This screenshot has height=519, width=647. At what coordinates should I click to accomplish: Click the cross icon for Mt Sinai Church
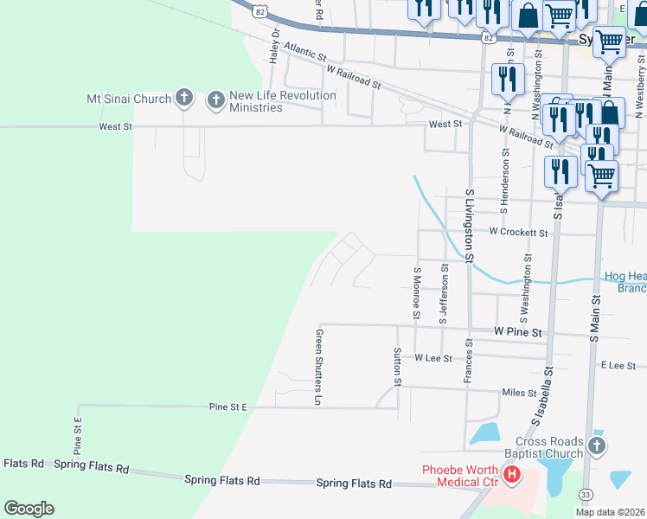click(x=183, y=99)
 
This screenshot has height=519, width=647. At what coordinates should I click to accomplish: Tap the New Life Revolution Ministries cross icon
click(x=215, y=100)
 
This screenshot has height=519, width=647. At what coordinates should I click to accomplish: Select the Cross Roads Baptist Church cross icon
click(x=595, y=446)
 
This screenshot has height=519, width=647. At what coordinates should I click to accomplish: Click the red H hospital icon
click(x=512, y=474)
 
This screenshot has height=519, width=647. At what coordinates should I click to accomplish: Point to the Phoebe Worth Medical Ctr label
click(x=460, y=475)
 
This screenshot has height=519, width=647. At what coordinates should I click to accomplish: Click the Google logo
click(x=29, y=509)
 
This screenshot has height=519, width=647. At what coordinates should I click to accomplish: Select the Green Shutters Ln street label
click(x=318, y=367)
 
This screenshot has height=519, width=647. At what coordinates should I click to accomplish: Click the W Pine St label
click(x=517, y=331)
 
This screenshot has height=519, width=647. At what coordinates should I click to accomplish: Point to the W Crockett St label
click(x=518, y=232)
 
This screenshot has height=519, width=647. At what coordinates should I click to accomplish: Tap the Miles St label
click(x=519, y=393)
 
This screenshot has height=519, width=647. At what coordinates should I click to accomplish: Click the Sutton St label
click(x=398, y=367)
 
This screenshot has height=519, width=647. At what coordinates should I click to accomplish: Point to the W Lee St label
click(x=433, y=357)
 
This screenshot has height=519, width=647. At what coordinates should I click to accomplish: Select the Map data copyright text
click(x=611, y=512)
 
